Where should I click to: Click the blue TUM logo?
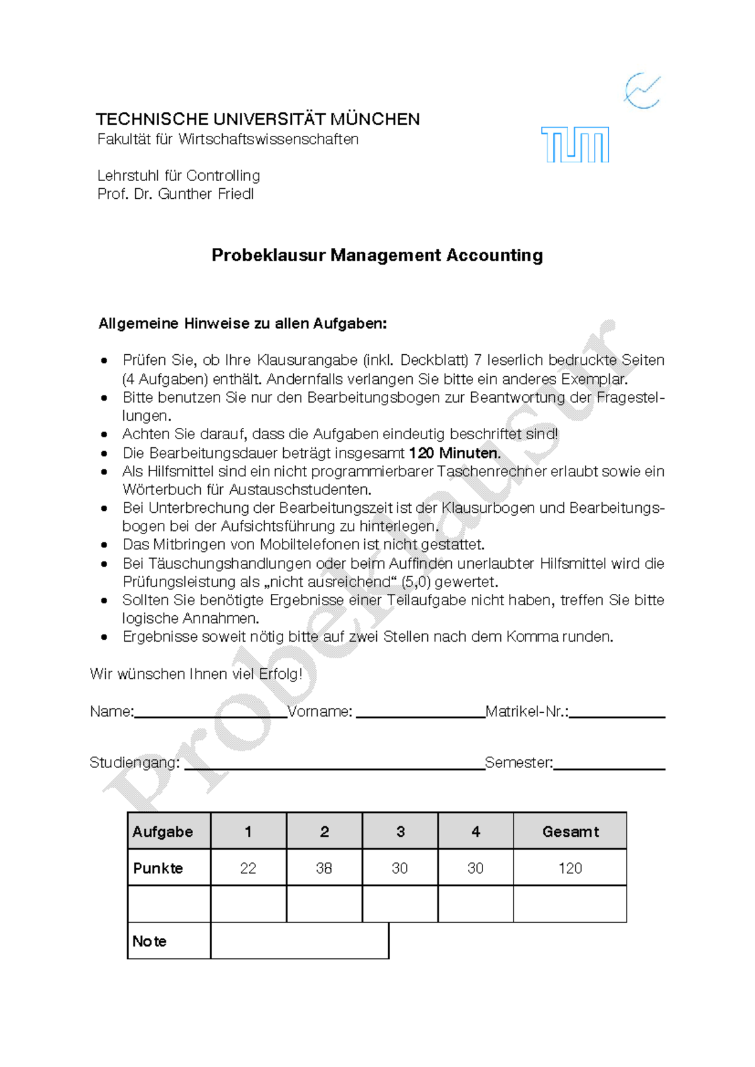(575, 145)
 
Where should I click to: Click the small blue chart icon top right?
(642, 91)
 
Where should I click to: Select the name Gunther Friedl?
(206, 194)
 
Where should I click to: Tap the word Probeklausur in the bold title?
(269, 255)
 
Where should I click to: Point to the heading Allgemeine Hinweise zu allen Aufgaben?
(242, 324)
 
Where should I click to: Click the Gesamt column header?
(570, 832)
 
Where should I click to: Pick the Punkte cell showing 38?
(324, 868)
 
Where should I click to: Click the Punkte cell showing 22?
(248, 868)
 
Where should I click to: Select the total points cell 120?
(570, 868)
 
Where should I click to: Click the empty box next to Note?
(299, 941)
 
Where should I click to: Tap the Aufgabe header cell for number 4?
(476, 832)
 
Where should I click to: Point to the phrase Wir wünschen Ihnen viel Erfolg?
(196, 674)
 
